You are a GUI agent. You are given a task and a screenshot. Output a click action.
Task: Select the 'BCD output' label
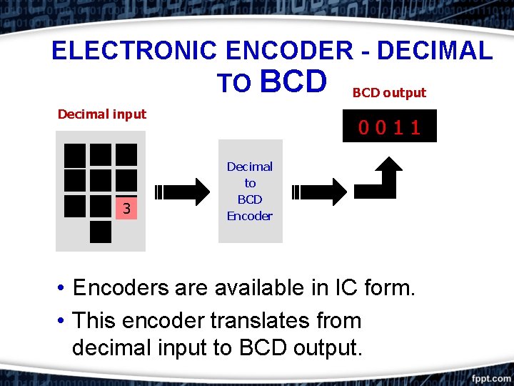[389, 93]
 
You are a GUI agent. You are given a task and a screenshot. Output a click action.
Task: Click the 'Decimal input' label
[102, 114]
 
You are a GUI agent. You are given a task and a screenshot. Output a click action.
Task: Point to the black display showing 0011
[389, 127]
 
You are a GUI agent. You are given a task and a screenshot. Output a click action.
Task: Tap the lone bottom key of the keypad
[101, 232]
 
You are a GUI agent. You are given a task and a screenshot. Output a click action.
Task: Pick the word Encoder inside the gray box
[250, 216]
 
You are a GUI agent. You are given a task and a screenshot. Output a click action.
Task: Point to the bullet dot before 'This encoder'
[63, 320]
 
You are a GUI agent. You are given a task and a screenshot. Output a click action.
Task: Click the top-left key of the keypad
[75, 155]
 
